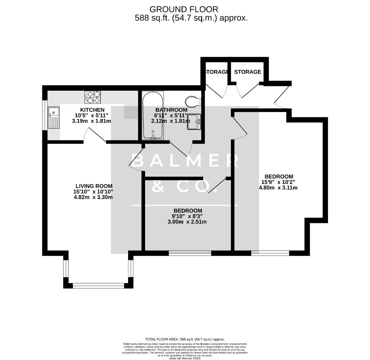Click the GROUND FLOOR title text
pyautogui.click(x=184, y=9)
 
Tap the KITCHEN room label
pyautogui.click(x=92, y=110)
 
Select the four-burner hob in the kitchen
pyautogui.click(x=93, y=97)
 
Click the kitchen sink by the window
pyautogui.click(x=53, y=117)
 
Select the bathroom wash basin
pyautogui.click(x=194, y=121)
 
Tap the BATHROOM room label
pyautogui.click(x=171, y=110)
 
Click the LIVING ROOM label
pyautogui.click(x=94, y=186)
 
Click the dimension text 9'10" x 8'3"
pyautogui.click(x=188, y=216)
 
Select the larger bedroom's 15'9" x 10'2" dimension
pyautogui.click(x=279, y=182)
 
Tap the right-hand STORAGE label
pyautogui.click(x=248, y=72)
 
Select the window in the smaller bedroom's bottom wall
pyautogui.click(x=190, y=253)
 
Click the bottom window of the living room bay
pyautogui.click(x=98, y=285)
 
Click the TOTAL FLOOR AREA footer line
pyautogui.click(x=185, y=339)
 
